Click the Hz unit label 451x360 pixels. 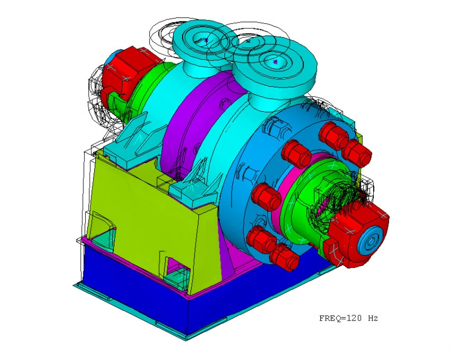click(x=373, y=318)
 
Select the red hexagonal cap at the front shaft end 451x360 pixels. click(x=357, y=233)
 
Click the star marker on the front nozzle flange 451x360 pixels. click(x=275, y=62)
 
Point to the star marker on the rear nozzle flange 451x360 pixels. click(x=206, y=40)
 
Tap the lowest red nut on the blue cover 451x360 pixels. click(x=284, y=257)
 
